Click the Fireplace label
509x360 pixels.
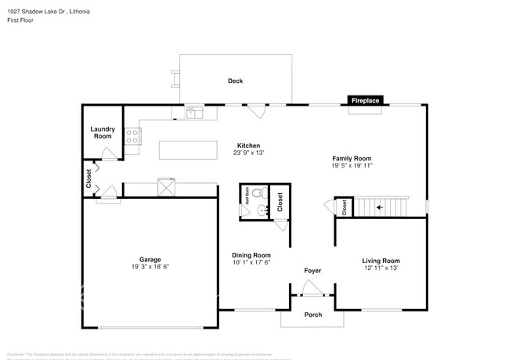point(365,101)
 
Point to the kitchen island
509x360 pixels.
point(188,149)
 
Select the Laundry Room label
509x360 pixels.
point(103,132)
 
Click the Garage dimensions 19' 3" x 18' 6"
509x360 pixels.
point(150,267)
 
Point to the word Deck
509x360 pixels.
point(235,81)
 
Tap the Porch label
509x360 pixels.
point(312,315)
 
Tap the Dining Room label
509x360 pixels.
point(251,255)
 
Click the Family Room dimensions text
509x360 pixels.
point(351,165)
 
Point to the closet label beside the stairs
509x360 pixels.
point(345,207)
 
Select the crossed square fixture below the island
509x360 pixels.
point(166,188)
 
